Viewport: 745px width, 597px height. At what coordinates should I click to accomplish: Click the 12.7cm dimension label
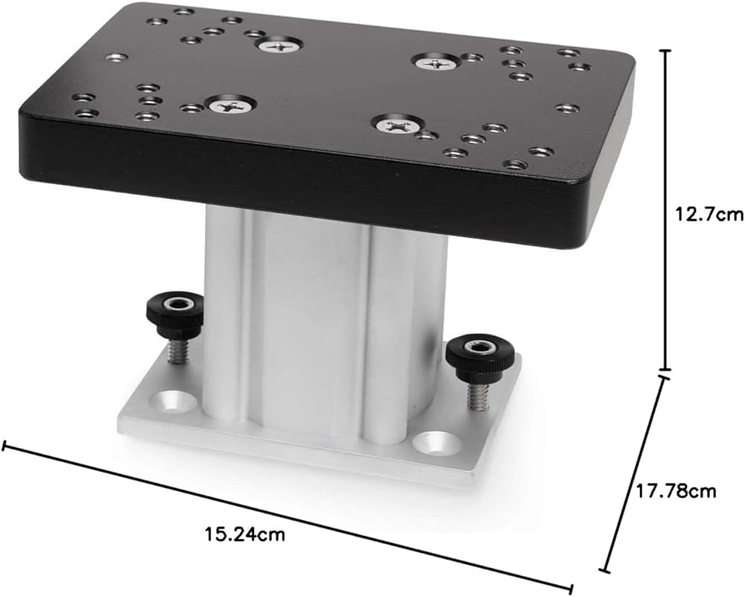tap(708, 215)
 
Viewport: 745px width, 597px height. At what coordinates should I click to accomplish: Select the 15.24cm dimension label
tap(245, 534)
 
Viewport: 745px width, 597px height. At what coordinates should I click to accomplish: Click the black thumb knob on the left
tap(174, 312)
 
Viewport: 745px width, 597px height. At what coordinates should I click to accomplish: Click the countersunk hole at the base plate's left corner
tap(174, 402)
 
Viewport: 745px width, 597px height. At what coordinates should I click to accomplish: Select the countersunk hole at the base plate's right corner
tap(436, 443)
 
